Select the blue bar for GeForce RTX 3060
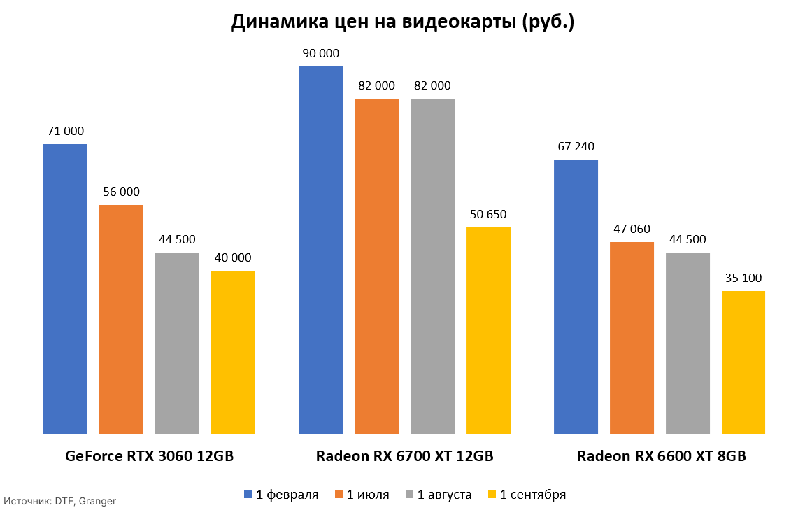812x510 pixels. tap(65, 288)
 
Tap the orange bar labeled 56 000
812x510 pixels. tap(121, 319)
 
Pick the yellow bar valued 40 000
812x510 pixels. tap(233, 352)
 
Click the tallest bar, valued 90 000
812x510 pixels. tap(320, 250)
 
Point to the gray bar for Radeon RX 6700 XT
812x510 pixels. tap(432, 266)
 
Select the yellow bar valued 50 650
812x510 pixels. tap(488, 330)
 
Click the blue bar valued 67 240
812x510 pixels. tap(576, 297)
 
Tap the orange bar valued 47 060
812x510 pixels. tap(632, 338)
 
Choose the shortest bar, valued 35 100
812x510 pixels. tap(743, 362)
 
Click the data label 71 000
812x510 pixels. tap(65, 131)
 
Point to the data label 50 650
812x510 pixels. tap(488, 214)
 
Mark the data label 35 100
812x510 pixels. tap(743, 278)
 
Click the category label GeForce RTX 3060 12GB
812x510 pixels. tap(149, 456)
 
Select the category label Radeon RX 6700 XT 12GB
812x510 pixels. tap(404, 456)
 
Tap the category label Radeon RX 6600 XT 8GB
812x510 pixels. tap(661, 456)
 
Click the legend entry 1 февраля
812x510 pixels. tap(281, 495)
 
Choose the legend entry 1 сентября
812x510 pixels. tap(527, 495)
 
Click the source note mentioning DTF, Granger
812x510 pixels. tap(59, 501)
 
